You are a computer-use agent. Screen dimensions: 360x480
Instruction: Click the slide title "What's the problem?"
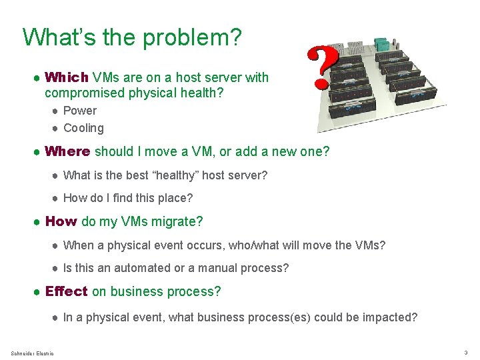click(x=131, y=37)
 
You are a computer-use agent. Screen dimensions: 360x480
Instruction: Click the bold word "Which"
click(x=67, y=77)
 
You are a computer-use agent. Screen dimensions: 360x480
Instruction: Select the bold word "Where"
click(x=67, y=151)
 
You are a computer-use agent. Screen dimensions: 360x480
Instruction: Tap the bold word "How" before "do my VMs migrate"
click(x=61, y=221)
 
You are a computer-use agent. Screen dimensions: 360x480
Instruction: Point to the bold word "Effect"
click(x=66, y=291)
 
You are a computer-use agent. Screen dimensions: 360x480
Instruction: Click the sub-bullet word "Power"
click(x=79, y=111)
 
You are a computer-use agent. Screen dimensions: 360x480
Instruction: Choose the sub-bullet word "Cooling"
click(x=83, y=128)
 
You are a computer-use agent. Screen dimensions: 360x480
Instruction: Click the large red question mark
click(x=323, y=68)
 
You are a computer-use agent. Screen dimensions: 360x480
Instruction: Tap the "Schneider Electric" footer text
click(x=33, y=352)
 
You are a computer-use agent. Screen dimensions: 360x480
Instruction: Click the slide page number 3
click(x=465, y=352)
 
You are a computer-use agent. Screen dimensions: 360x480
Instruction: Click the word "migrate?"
click(x=179, y=221)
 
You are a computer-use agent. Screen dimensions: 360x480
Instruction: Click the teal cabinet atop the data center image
click(x=382, y=43)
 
